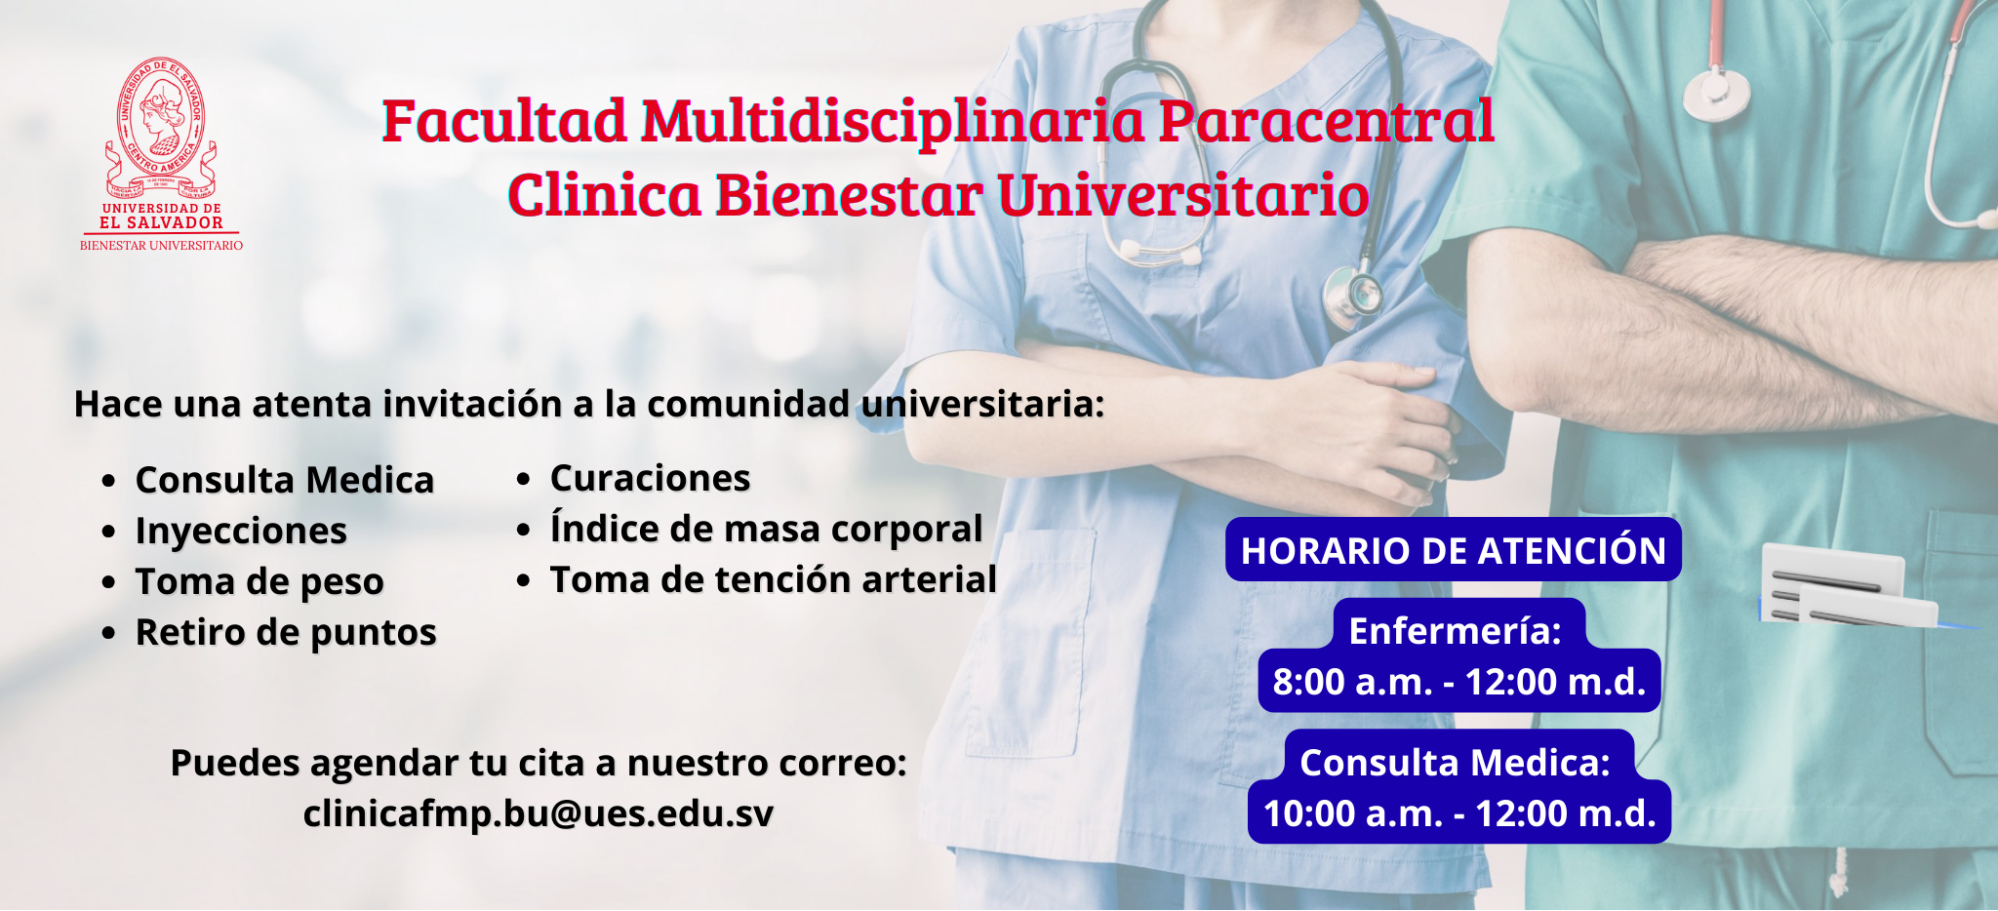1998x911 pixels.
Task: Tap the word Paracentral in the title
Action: click(1326, 121)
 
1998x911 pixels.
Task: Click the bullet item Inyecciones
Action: click(241, 532)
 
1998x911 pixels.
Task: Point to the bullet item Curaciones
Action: click(650, 478)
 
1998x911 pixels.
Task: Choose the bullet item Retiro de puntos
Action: click(286, 633)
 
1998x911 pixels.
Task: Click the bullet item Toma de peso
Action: click(260, 582)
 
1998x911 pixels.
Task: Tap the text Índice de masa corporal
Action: click(766, 529)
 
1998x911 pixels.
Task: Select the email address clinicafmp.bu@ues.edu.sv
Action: click(539, 813)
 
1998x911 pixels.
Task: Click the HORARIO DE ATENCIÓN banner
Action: click(1454, 550)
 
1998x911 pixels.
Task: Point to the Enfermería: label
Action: click(1456, 631)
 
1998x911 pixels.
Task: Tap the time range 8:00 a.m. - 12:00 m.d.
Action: click(1459, 682)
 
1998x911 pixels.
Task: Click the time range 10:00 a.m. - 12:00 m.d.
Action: click(1459, 813)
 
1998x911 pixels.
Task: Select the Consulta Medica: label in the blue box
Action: click(1456, 763)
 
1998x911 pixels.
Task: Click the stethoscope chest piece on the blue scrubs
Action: click(1353, 293)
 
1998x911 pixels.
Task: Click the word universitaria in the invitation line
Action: click(983, 404)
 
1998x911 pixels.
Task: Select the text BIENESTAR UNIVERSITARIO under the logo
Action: click(161, 246)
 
